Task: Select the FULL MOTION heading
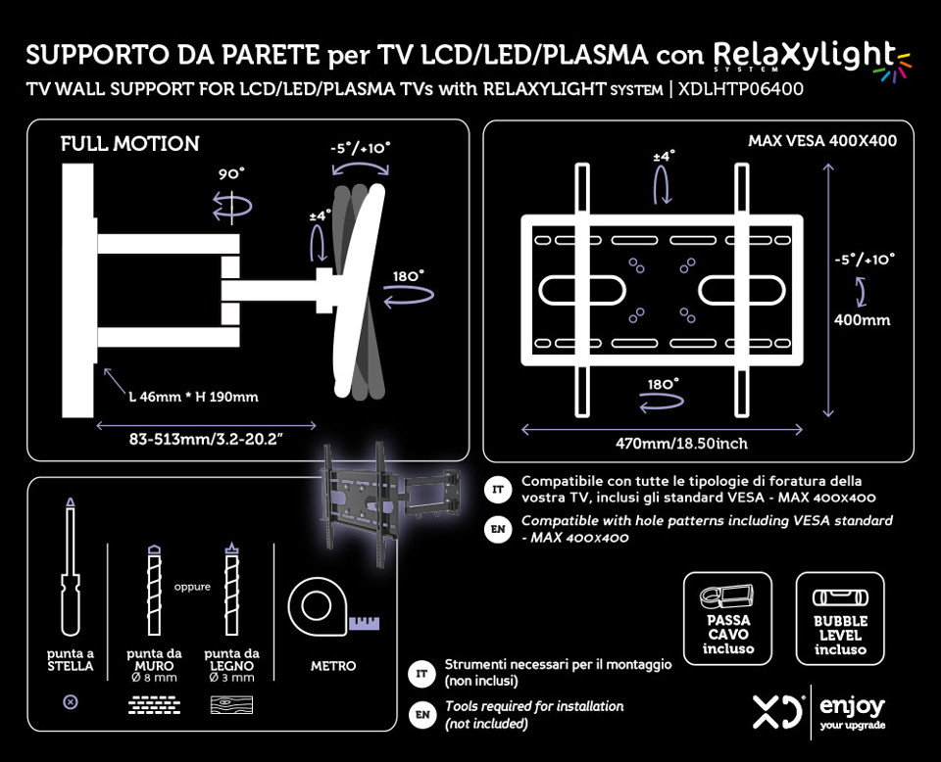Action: coord(129,144)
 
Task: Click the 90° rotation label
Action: coord(231,173)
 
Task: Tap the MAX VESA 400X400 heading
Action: coord(822,141)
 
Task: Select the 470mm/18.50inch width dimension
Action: coord(681,444)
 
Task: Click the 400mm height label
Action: coord(862,319)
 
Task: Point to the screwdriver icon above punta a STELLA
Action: coord(69,568)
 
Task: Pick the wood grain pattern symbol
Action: coord(231,704)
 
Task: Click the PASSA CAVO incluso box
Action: coord(727,617)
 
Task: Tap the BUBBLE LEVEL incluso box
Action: coord(840,617)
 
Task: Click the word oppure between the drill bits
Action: coord(192,588)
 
